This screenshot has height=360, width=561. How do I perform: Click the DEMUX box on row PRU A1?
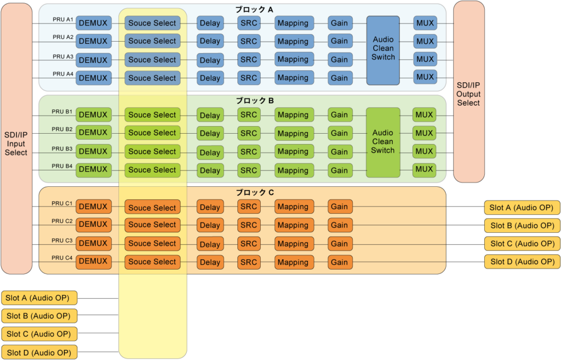tap(93, 23)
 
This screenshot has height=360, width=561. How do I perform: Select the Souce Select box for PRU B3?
tap(152, 151)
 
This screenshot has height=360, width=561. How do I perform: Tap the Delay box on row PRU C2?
tap(210, 225)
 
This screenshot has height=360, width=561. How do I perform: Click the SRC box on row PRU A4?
tap(249, 78)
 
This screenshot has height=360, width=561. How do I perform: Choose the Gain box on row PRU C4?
tap(340, 262)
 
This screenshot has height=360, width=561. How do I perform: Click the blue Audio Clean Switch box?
tap(383, 49)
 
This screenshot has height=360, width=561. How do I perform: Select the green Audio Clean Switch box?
tap(383, 141)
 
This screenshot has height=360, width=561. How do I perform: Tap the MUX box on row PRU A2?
tap(425, 41)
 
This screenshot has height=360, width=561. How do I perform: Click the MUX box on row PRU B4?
tap(424, 169)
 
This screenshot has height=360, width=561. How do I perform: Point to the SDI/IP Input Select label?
tap(16, 143)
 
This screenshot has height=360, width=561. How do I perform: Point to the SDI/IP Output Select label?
tap(468, 94)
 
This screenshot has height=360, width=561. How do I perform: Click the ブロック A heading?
tap(254, 9)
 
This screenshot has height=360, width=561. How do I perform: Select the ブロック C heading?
tap(254, 193)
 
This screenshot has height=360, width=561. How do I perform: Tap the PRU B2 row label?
tap(62, 129)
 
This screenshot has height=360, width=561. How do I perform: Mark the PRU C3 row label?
tap(62, 241)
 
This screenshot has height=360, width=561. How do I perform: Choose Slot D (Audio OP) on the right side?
tap(522, 261)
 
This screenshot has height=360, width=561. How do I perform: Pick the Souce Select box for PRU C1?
tap(152, 208)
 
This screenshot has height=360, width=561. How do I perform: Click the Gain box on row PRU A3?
tap(340, 59)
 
